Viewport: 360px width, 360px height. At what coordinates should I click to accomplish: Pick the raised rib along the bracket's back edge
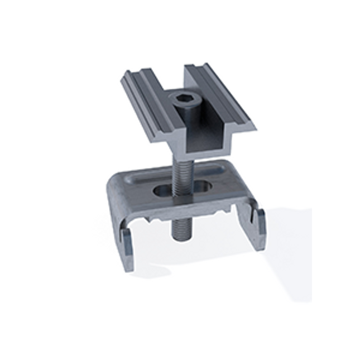pyautogui.click(x=184, y=167)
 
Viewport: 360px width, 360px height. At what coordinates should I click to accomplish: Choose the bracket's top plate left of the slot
pyautogui.click(x=134, y=190)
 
